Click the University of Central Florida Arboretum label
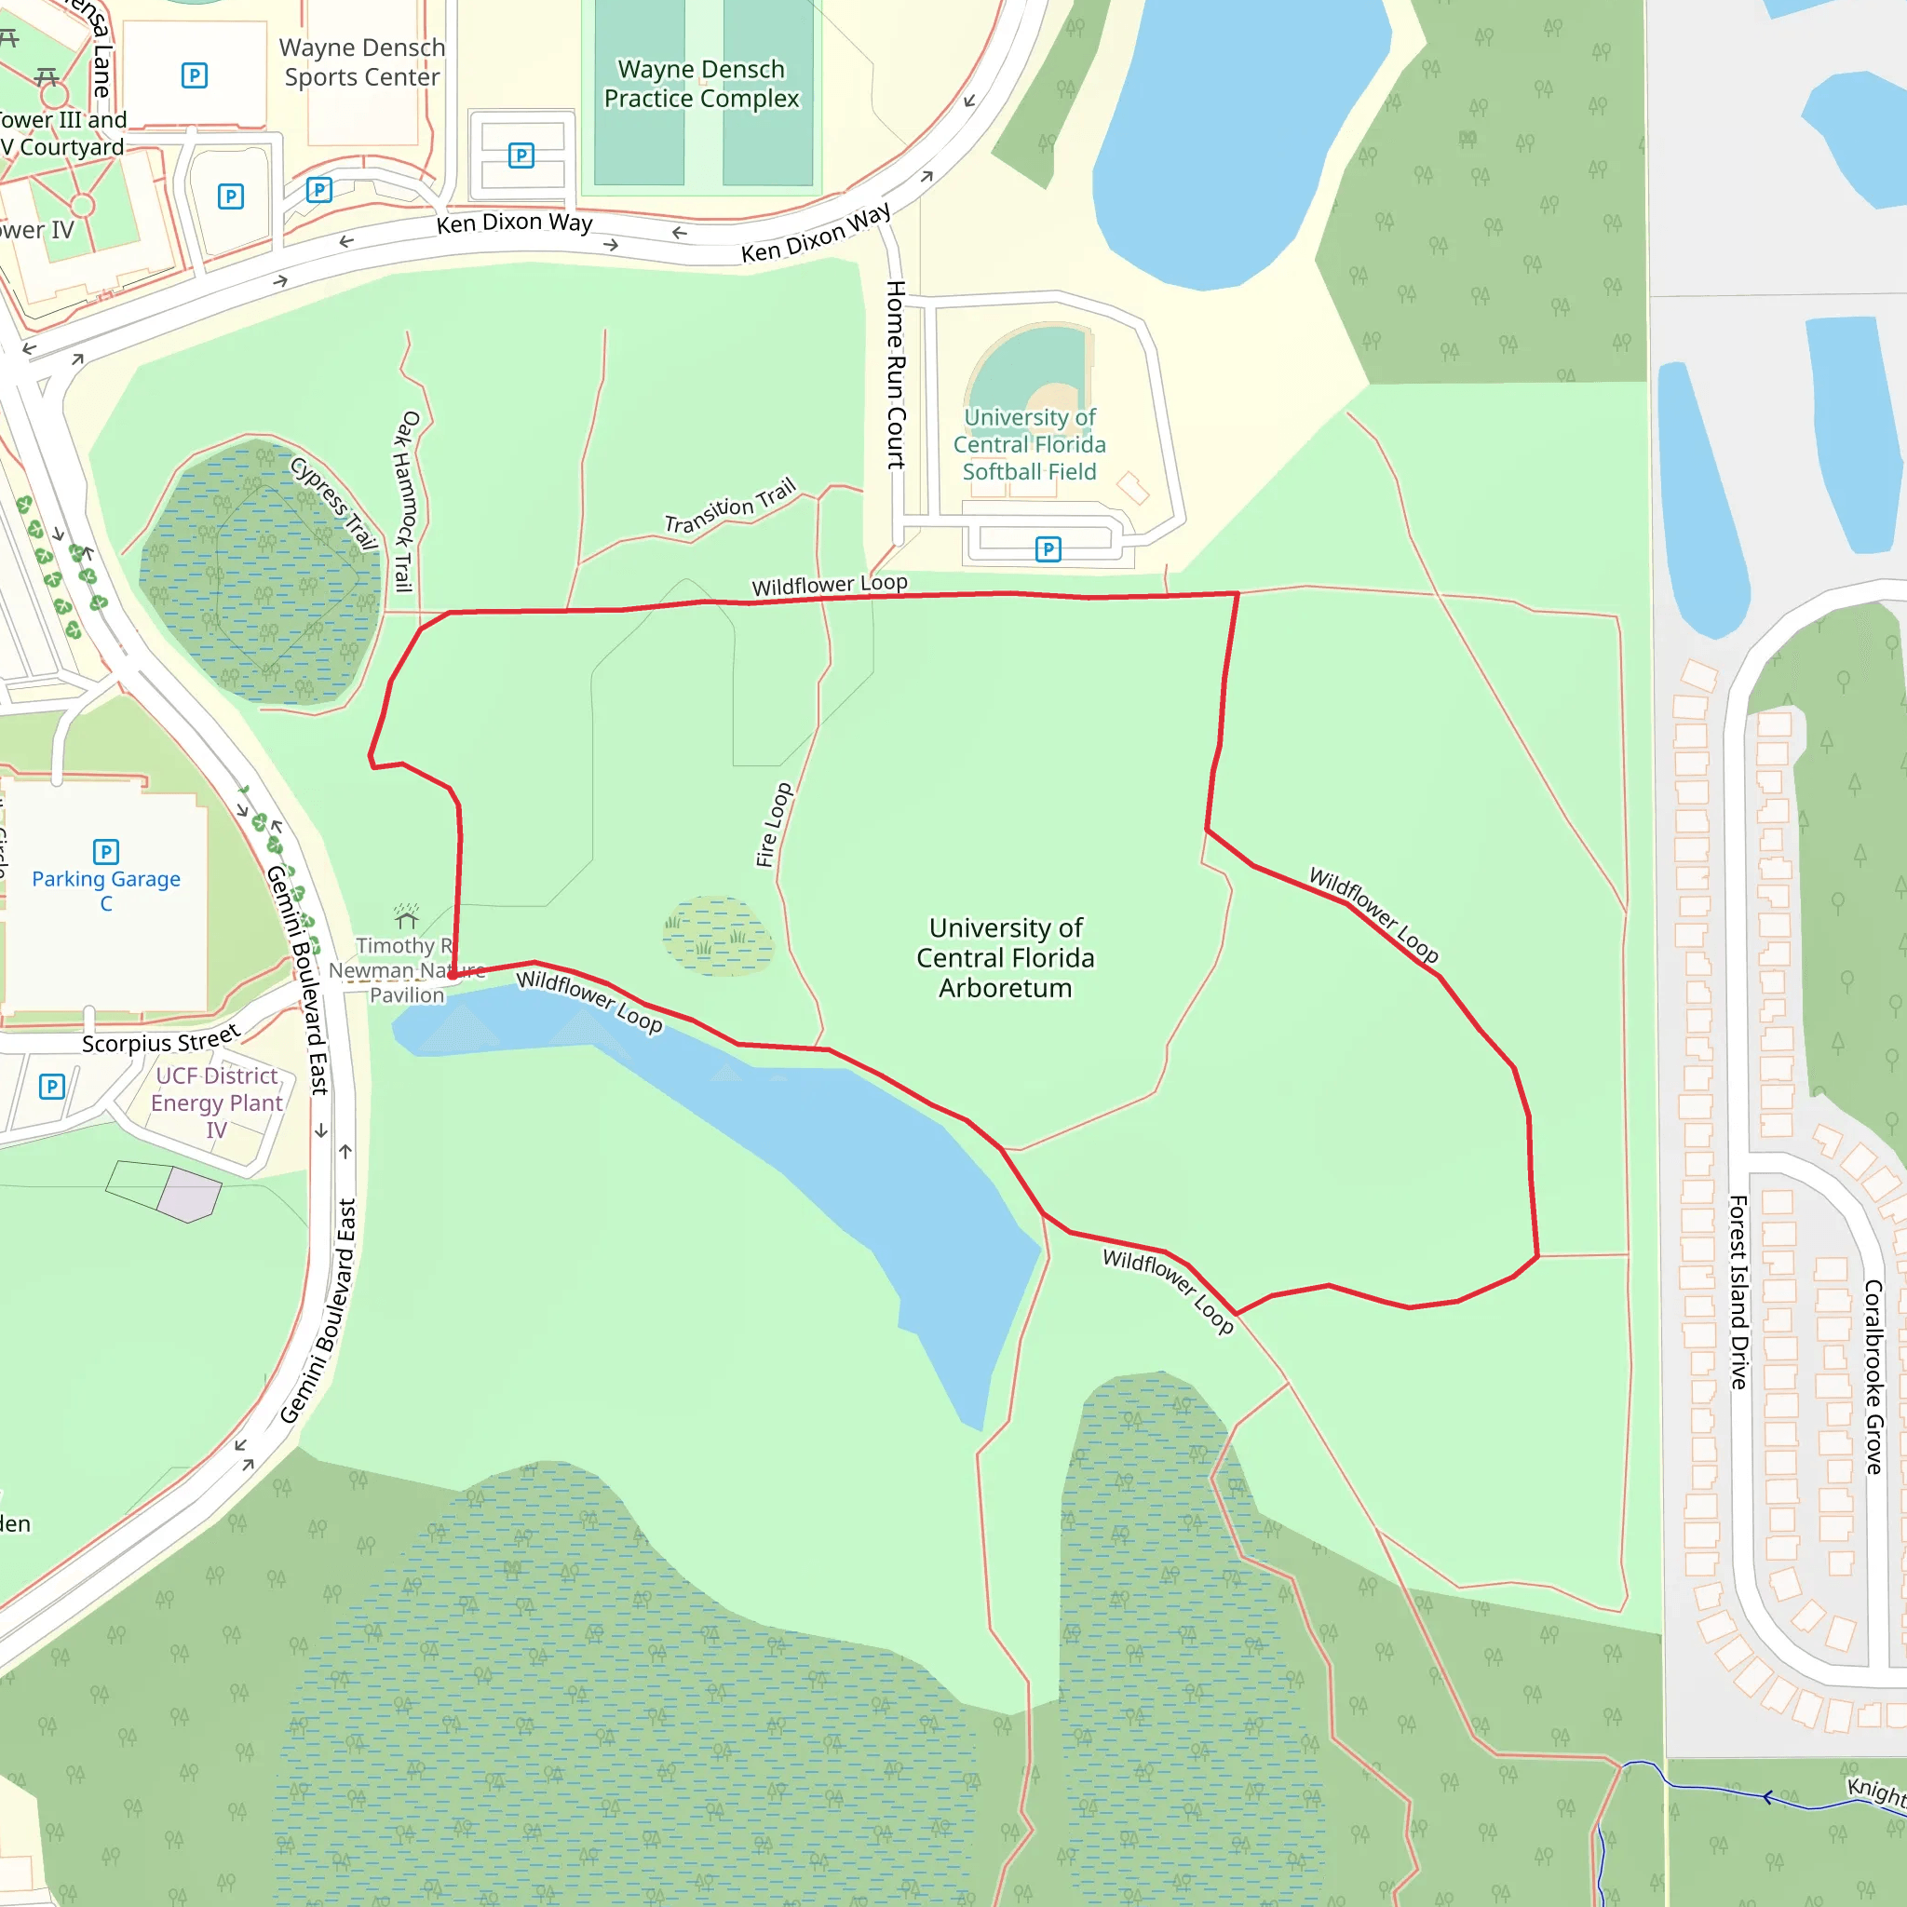(1005, 957)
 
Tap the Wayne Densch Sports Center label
(362, 62)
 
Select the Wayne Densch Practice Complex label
(701, 84)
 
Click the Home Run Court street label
(895, 374)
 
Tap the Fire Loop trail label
(774, 825)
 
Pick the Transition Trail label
(729, 507)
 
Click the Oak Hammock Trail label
(406, 502)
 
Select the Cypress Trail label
(334, 503)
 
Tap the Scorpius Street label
(161, 1039)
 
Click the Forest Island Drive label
(1738, 1292)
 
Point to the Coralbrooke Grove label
(1873, 1377)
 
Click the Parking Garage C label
(105, 890)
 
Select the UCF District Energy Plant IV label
(217, 1102)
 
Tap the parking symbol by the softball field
(1048, 548)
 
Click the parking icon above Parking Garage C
(105, 851)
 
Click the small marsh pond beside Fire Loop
(719, 935)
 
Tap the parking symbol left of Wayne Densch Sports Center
(195, 75)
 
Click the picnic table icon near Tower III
(47, 76)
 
